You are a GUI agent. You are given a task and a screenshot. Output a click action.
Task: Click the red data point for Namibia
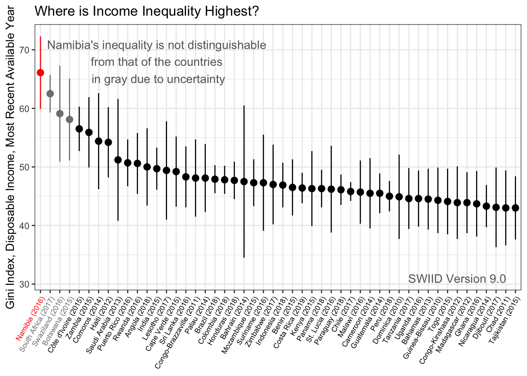[x=40, y=72]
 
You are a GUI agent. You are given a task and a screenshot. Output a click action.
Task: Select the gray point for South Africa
[x=50, y=94]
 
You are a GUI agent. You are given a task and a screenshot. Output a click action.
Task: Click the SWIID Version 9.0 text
[x=457, y=278]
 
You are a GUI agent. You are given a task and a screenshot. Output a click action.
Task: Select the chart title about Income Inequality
[x=147, y=11]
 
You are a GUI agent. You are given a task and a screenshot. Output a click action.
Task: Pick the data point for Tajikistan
[x=515, y=208]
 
